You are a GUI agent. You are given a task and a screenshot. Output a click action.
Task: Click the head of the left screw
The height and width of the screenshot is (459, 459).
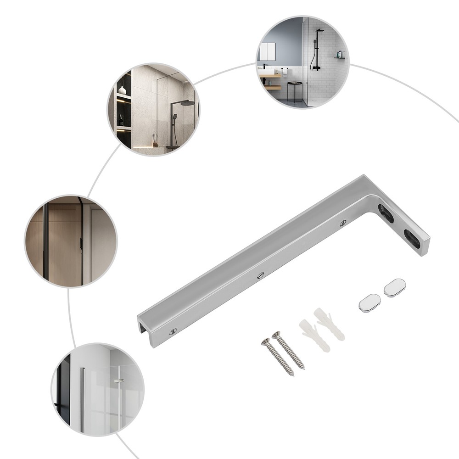click(x=265, y=342)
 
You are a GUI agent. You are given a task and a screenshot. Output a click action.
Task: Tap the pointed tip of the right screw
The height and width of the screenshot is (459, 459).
click(x=303, y=368)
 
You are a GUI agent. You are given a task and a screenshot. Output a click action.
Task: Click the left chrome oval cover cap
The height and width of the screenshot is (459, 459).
click(x=370, y=303)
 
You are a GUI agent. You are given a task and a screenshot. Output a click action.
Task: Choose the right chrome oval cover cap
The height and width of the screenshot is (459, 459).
click(x=395, y=288)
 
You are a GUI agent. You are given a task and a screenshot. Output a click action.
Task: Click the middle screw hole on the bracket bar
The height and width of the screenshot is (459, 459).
click(x=261, y=275)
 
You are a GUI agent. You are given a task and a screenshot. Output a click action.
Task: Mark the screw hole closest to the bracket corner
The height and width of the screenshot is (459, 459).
click(x=343, y=223)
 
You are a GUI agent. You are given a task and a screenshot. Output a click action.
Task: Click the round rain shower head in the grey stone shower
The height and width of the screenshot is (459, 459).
click(x=187, y=103)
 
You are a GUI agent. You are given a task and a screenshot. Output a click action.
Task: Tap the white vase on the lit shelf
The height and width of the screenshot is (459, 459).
click(x=122, y=90)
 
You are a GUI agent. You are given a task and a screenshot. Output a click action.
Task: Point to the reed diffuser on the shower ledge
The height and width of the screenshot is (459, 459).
click(x=155, y=139)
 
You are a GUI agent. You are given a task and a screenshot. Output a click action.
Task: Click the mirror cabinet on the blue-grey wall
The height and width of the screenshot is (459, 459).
click(x=268, y=51)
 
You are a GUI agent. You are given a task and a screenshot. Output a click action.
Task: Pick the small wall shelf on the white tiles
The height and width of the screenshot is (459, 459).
click(x=339, y=56)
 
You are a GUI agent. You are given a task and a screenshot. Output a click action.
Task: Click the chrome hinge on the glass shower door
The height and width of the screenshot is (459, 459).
click(x=120, y=381)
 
